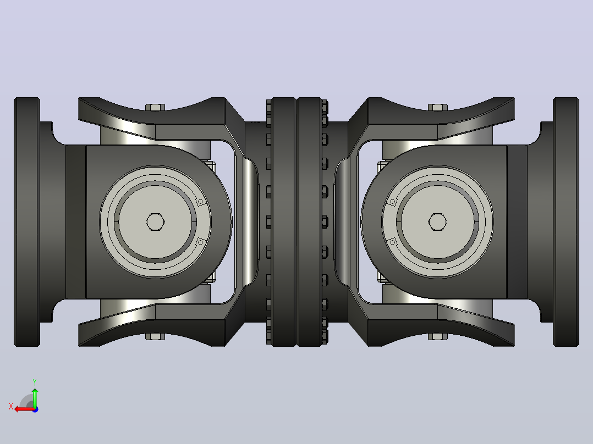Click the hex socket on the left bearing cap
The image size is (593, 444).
click(155, 222)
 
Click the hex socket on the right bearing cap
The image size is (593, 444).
click(437, 222)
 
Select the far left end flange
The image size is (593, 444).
click(27, 222)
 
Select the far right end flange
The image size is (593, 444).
click(566, 222)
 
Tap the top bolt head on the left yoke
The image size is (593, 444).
click(155, 107)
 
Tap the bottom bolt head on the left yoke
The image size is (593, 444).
click(155, 336)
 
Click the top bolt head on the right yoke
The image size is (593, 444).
click(437, 107)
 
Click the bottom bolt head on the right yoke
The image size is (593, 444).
click(437, 336)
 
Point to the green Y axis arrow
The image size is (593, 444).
click(35, 397)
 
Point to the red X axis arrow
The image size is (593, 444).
click(25, 409)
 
